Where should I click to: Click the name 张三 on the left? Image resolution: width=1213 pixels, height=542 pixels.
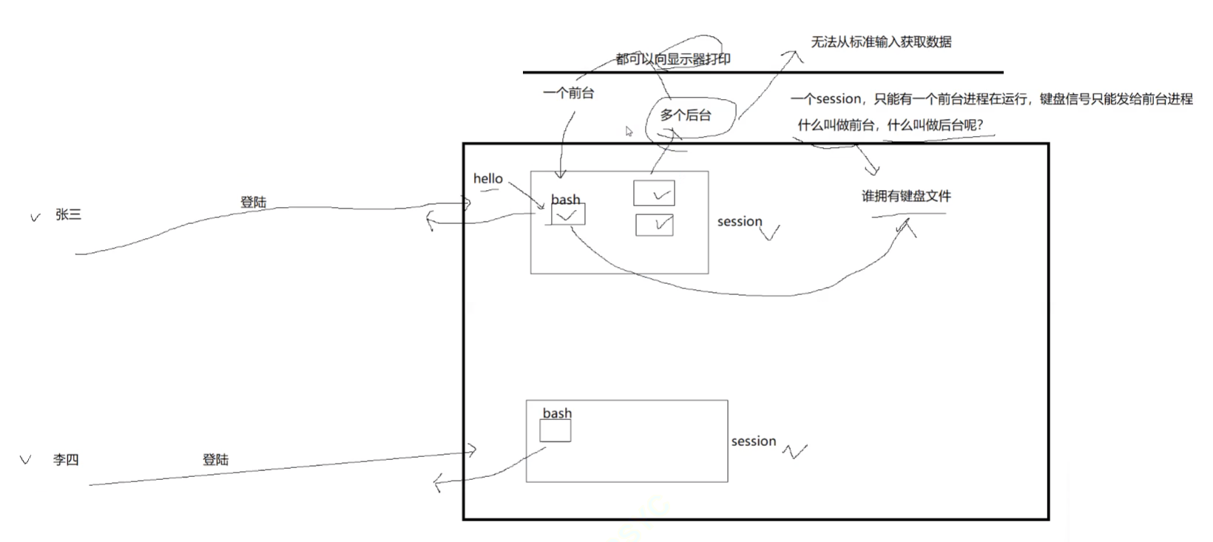coord(68,215)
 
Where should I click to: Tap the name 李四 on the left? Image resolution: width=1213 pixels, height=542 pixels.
coord(66,460)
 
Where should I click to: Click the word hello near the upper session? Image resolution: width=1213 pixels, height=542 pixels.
coord(487,179)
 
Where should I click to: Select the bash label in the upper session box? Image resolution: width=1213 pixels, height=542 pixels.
coord(565,200)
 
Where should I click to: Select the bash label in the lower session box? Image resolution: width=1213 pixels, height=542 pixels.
coord(557,413)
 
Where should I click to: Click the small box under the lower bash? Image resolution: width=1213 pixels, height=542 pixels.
coord(555,431)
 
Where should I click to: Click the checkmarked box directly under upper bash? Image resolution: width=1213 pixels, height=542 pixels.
coord(568,214)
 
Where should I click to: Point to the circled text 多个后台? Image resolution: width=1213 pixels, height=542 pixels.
coord(686,115)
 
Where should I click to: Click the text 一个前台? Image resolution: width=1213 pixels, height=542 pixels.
coord(568,93)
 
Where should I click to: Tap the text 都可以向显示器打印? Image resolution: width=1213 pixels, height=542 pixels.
coord(673,59)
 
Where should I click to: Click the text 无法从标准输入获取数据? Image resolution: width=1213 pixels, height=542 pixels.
coord(881,42)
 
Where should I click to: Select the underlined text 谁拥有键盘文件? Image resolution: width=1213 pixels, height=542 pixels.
coord(906,197)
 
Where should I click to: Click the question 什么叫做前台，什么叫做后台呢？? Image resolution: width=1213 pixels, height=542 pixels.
coord(891,126)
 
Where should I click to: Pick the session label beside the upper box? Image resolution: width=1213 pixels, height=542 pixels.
coord(740,222)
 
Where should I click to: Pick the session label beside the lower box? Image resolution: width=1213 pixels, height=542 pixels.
coord(754,441)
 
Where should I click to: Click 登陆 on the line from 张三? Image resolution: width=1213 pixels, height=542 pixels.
coord(253,202)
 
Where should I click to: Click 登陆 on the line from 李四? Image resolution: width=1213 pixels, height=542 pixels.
coord(215,460)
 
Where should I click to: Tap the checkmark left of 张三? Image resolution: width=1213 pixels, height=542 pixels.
coord(35,217)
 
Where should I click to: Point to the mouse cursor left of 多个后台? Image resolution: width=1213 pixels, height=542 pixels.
coord(629,132)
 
